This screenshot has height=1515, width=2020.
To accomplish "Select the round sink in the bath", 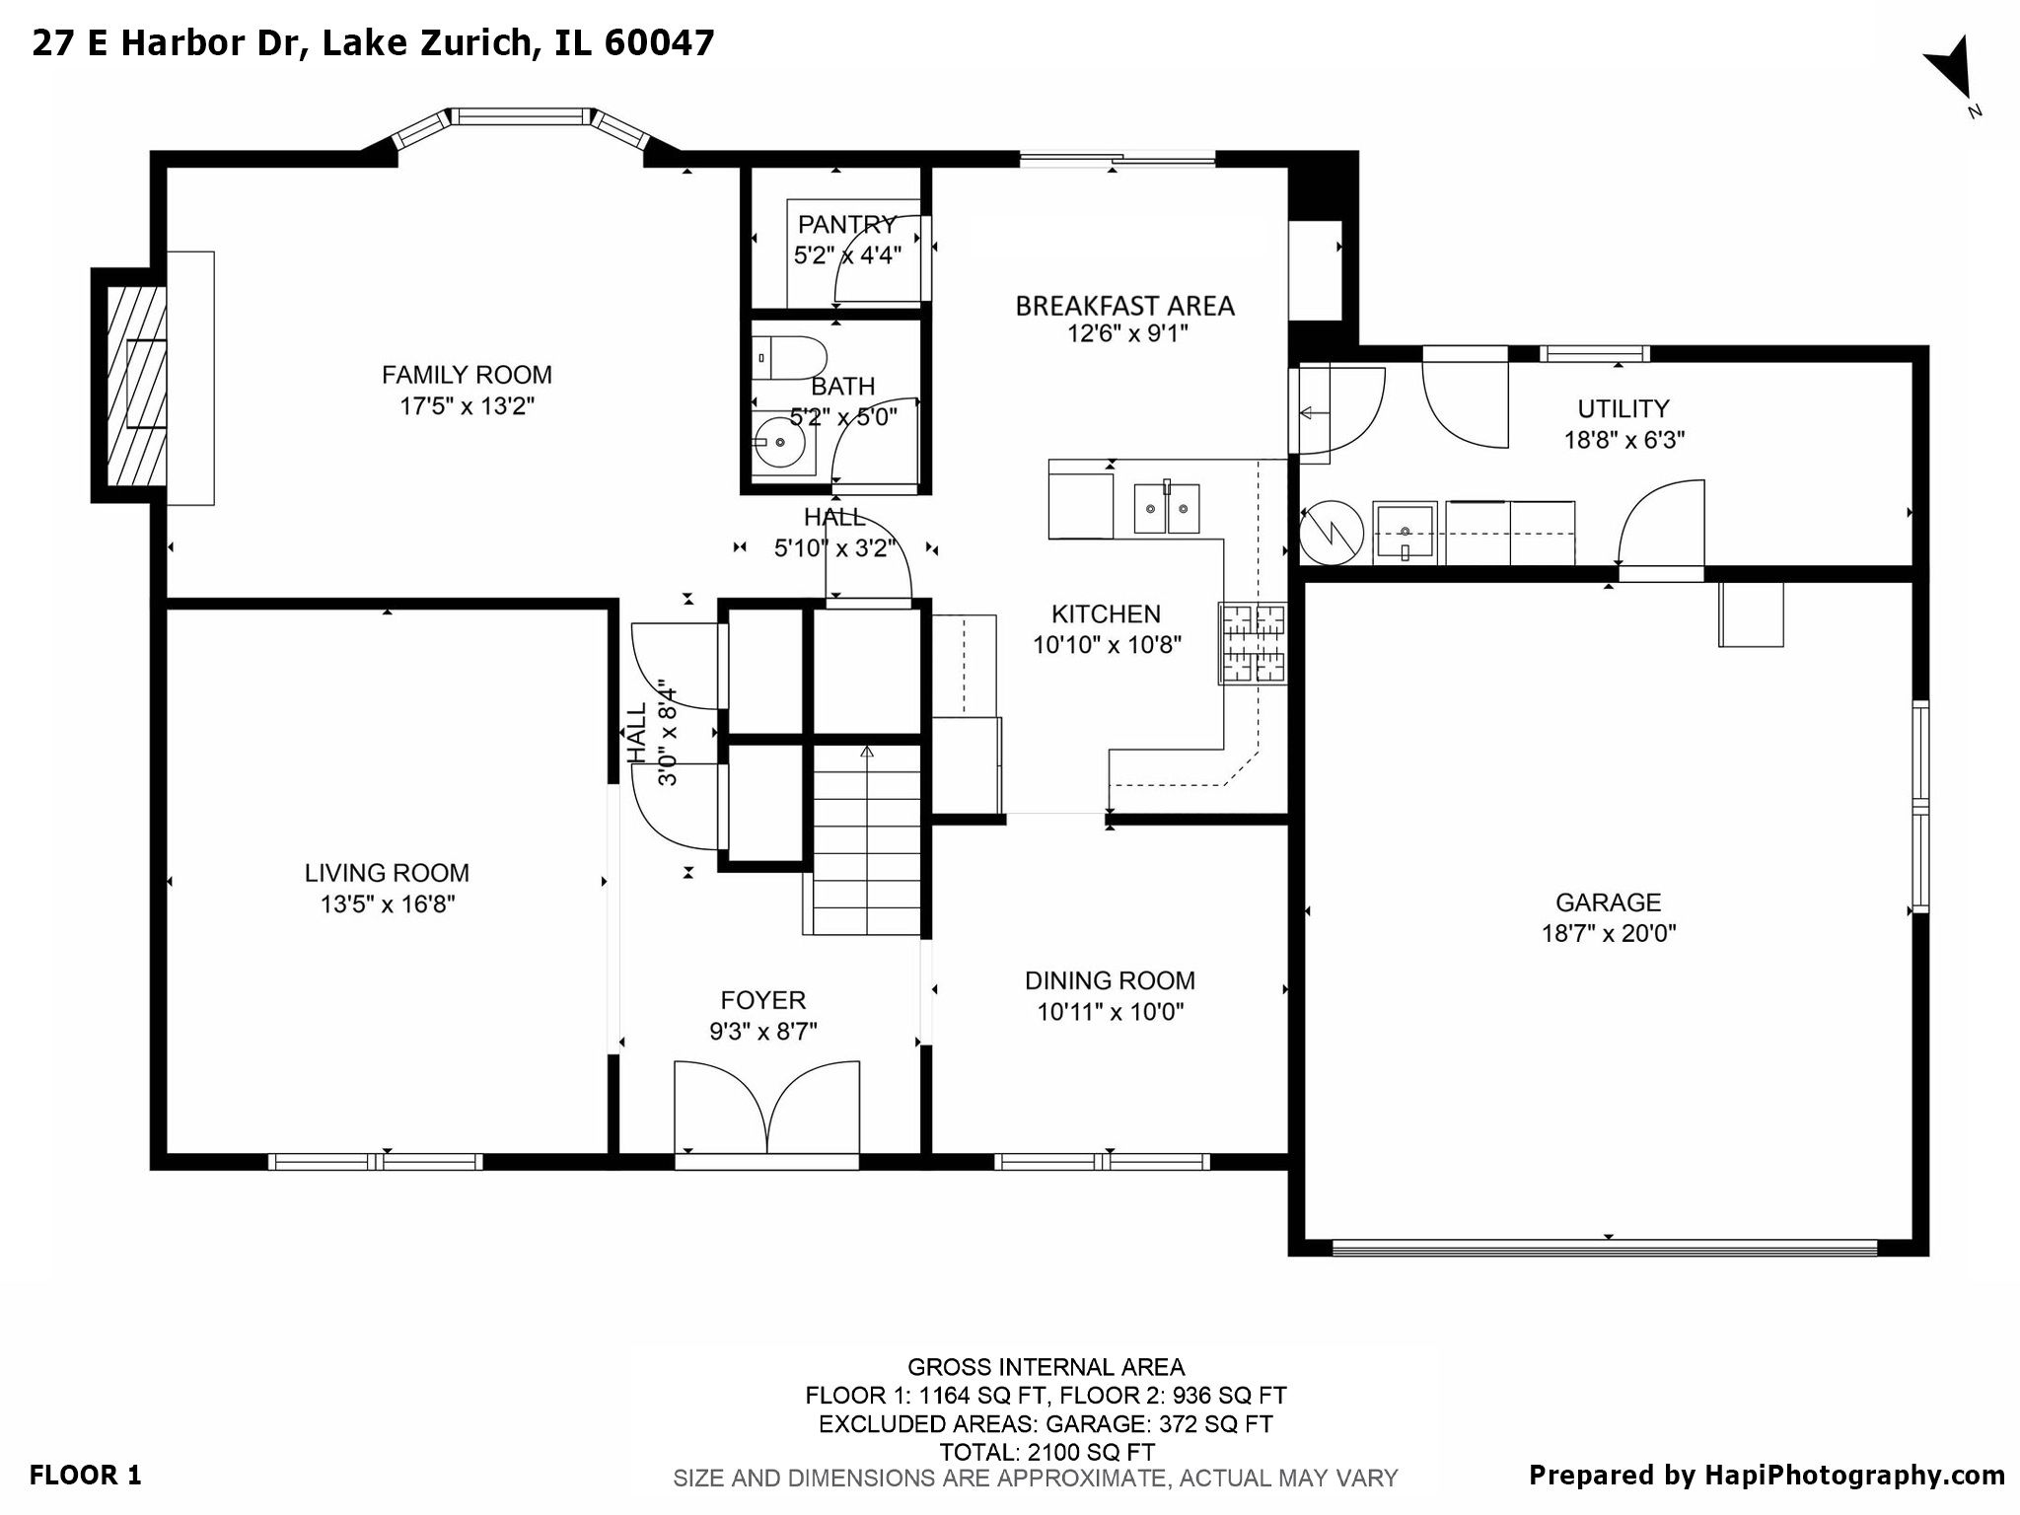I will (780, 444).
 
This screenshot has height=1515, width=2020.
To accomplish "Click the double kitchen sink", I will (1166, 509).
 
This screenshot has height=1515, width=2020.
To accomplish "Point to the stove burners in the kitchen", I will (1254, 644).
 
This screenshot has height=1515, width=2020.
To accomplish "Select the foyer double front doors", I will (766, 1108).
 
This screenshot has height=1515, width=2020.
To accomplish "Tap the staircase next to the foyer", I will (866, 838).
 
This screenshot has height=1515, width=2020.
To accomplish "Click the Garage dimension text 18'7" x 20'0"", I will (1609, 933).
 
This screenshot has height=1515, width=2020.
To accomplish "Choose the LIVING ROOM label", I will (387, 873).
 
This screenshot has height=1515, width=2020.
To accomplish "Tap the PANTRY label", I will (846, 225).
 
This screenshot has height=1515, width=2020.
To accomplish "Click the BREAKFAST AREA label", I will (1124, 306).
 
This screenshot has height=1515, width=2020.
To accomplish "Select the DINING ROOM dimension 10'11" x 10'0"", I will (1110, 1012).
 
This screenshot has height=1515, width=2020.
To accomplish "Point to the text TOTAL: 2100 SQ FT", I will (1046, 1452).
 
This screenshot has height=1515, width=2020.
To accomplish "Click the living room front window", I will (375, 1162).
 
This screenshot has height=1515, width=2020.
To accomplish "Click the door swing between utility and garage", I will (1661, 523).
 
